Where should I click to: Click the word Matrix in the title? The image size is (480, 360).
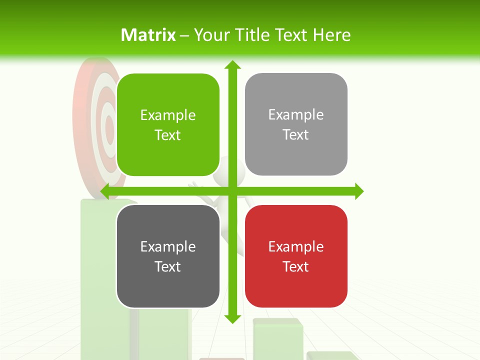pos(148,35)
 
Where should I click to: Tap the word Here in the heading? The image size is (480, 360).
pos(331,35)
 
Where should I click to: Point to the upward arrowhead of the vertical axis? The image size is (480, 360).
pos(232,65)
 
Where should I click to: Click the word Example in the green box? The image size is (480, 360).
pos(168,115)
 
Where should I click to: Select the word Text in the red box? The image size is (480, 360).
pos(296,266)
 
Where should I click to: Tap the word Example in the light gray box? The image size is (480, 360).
pos(296,114)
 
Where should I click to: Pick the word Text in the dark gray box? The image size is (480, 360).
pos(168,266)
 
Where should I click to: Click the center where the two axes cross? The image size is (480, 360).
pos(232,191)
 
